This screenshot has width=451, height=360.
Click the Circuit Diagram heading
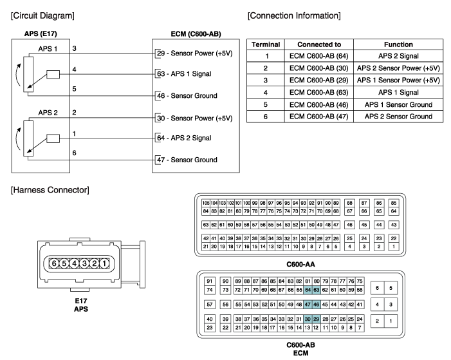[x=42, y=15]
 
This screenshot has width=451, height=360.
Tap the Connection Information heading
[x=294, y=15]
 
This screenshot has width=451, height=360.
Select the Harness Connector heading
[x=50, y=190]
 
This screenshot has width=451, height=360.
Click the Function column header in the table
[x=398, y=44]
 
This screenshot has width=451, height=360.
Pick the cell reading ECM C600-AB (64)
[x=318, y=56]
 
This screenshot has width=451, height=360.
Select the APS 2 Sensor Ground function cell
[x=398, y=117]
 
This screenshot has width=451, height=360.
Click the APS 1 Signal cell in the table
[x=398, y=93]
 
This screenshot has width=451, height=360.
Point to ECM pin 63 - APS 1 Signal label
[x=184, y=74]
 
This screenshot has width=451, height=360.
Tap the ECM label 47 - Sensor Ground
[x=187, y=160]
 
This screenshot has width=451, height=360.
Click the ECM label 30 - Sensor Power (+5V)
[x=194, y=118]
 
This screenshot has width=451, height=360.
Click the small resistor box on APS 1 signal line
[x=53, y=74]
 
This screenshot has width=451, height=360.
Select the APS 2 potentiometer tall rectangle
[x=28, y=138]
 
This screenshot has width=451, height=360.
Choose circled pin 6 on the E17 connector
[x=54, y=263]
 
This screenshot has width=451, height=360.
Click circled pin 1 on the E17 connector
[x=104, y=263]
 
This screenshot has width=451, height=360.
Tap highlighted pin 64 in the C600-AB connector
[x=308, y=290]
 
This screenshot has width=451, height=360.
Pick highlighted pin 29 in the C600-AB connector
[x=316, y=319]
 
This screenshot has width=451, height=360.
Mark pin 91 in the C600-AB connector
[x=210, y=281]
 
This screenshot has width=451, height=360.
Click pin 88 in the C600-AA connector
[x=349, y=203]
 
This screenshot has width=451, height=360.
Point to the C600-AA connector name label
[x=300, y=265]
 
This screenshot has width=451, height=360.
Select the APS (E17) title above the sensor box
[x=41, y=33]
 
